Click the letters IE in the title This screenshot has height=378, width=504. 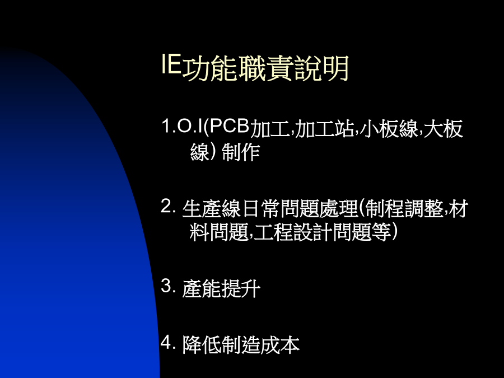(171, 64)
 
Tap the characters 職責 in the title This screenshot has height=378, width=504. (265, 68)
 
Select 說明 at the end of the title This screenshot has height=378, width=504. (321, 68)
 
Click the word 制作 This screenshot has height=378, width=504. (241, 152)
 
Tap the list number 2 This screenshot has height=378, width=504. (168, 206)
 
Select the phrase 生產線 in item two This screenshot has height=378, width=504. (212, 209)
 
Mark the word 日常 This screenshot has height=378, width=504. (260, 209)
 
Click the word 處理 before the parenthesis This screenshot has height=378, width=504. (338, 209)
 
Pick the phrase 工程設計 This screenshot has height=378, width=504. (292, 232)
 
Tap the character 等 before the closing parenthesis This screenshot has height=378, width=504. (381, 232)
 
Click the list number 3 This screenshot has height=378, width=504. (168, 286)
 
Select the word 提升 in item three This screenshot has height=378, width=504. (241, 288)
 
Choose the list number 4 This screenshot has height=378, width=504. (168, 342)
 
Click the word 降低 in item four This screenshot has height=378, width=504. (202, 345)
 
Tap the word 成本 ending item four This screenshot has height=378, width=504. (280, 345)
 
